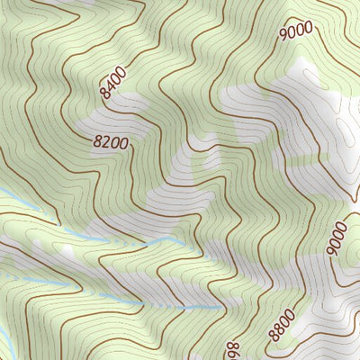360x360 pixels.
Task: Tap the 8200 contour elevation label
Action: (111, 141)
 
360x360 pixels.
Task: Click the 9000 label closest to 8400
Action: (295, 30)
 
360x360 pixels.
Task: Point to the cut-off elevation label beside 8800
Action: (231, 346)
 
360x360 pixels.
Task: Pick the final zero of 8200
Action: (123, 142)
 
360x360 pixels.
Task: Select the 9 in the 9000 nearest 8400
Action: (283, 34)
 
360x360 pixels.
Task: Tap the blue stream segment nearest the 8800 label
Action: (202, 309)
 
